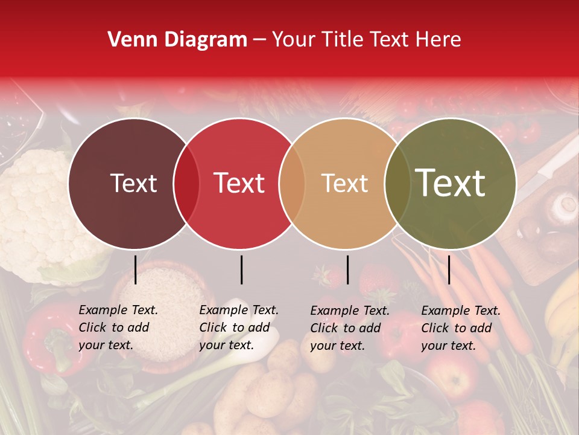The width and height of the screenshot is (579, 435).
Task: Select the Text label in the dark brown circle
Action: (x=133, y=183)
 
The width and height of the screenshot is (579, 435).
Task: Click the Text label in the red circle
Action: (x=239, y=183)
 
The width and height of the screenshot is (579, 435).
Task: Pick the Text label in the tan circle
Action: (x=344, y=183)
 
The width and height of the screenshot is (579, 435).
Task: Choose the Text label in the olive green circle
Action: (x=450, y=183)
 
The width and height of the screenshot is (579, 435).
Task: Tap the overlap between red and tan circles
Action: (x=292, y=183)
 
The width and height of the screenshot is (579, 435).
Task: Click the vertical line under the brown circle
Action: (x=135, y=269)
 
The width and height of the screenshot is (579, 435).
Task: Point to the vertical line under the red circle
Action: (x=241, y=269)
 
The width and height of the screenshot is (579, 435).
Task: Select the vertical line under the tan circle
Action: (x=347, y=269)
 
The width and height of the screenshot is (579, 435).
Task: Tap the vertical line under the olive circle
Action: (x=449, y=269)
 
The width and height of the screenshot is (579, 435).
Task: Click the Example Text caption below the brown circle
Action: (x=118, y=327)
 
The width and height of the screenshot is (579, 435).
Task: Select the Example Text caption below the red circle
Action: (x=239, y=327)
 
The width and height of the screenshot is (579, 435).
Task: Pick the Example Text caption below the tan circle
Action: (x=350, y=328)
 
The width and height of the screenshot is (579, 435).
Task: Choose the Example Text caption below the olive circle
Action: (x=461, y=328)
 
